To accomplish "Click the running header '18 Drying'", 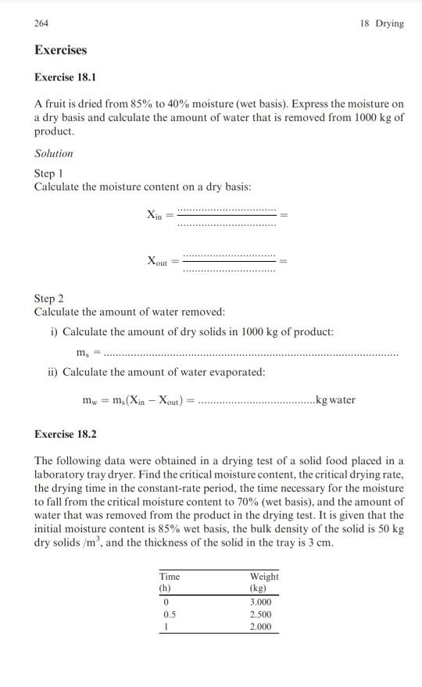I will [382, 23].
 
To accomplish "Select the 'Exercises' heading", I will [61, 50].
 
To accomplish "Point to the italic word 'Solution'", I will [54, 153].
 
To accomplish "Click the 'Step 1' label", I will [50, 173].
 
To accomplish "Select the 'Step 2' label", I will [50, 299].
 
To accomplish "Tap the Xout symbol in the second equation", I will [157, 262].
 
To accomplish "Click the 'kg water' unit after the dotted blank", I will [334, 400].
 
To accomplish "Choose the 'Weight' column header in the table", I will [265, 577].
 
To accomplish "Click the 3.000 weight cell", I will [262, 603].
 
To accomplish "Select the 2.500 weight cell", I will [262, 615].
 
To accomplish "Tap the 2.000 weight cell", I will [262, 627].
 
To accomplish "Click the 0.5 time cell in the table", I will [165, 615].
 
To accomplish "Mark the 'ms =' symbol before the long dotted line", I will [88, 352].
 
